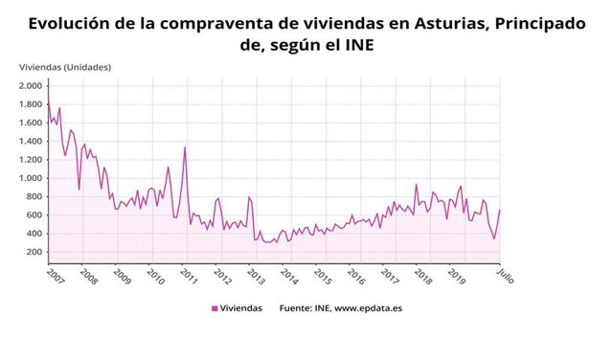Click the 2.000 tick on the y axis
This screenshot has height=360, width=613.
coord(29,85)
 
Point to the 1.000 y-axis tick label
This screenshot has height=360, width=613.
coord(29,178)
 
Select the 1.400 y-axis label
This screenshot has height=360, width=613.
coord(29,141)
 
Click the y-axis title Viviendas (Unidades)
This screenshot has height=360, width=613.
coord(65,66)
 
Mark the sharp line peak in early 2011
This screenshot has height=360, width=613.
coord(185,147)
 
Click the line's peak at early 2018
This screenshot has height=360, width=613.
coord(416,185)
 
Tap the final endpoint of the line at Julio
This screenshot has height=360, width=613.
coord(500,211)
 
